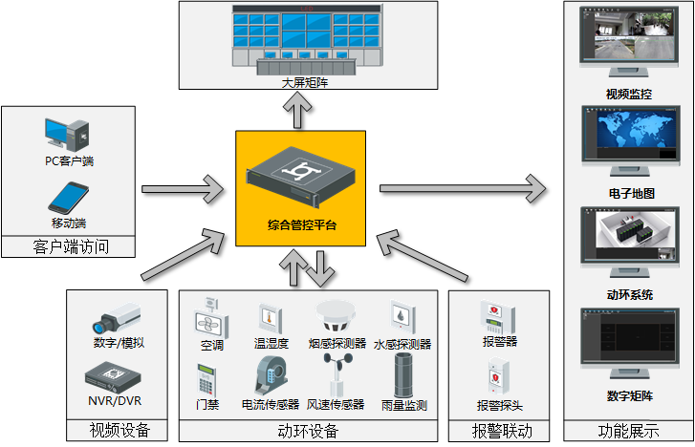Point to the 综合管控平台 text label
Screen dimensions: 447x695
(x=301, y=225)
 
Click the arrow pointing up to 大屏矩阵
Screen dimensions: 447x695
(x=301, y=111)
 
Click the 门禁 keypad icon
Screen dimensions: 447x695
(x=206, y=378)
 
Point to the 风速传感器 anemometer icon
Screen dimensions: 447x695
(x=337, y=374)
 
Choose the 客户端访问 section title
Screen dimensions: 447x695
(x=70, y=247)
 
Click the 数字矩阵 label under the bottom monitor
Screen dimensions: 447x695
(x=629, y=395)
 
